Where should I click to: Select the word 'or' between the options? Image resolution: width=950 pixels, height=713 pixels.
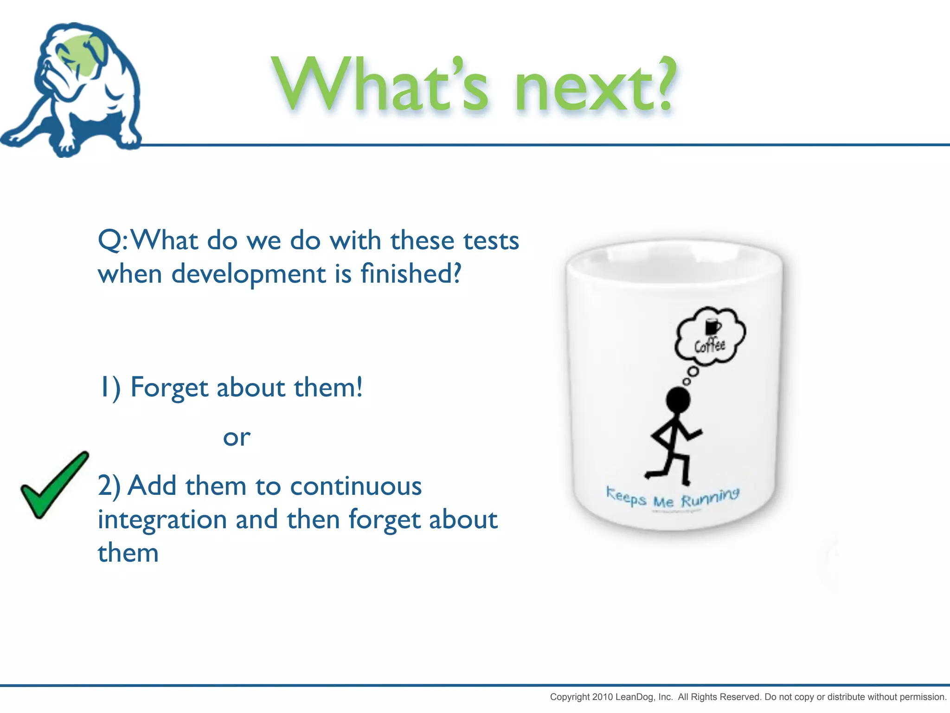(237, 438)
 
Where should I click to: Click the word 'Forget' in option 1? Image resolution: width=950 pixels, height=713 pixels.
(169, 388)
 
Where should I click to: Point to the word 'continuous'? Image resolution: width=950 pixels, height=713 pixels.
(356, 486)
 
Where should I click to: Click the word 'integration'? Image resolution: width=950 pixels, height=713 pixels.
(162, 519)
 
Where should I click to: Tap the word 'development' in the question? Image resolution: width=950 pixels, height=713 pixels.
(248, 274)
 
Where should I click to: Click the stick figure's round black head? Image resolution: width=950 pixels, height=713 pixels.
(678, 400)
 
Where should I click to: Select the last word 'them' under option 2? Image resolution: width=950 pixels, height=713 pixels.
(128, 553)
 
